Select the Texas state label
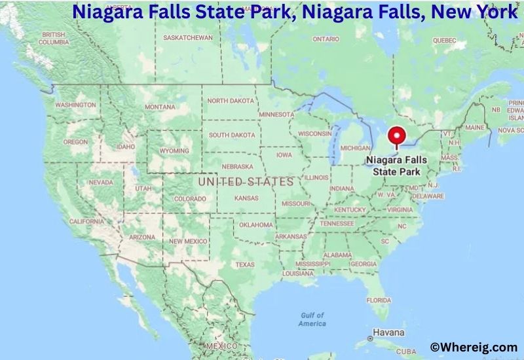pyautogui.click(x=245, y=264)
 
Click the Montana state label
pyautogui.click(x=160, y=107)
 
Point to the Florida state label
pyautogui.click(x=379, y=300)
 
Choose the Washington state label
pyautogui.click(x=75, y=105)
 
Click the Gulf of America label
pyautogui.click(x=312, y=319)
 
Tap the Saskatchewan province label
pyautogui.click(x=188, y=37)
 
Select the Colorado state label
pyautogui.click(x=190, y=198)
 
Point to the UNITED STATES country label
pyautogui.click(x=246, y=181)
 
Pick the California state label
pyautogui.click(x=86, y=221)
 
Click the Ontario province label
pyautogui.click(x=326, y=39)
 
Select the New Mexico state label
pyautogui.click(x=188, y=241)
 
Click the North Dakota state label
pyautogui.click(x=230, y=101)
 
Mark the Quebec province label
pyautogui.click(x=443, y=40)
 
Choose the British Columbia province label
pyautogui.click(x=54, y=38)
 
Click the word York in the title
pyautogui.click(x=493, y=11)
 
